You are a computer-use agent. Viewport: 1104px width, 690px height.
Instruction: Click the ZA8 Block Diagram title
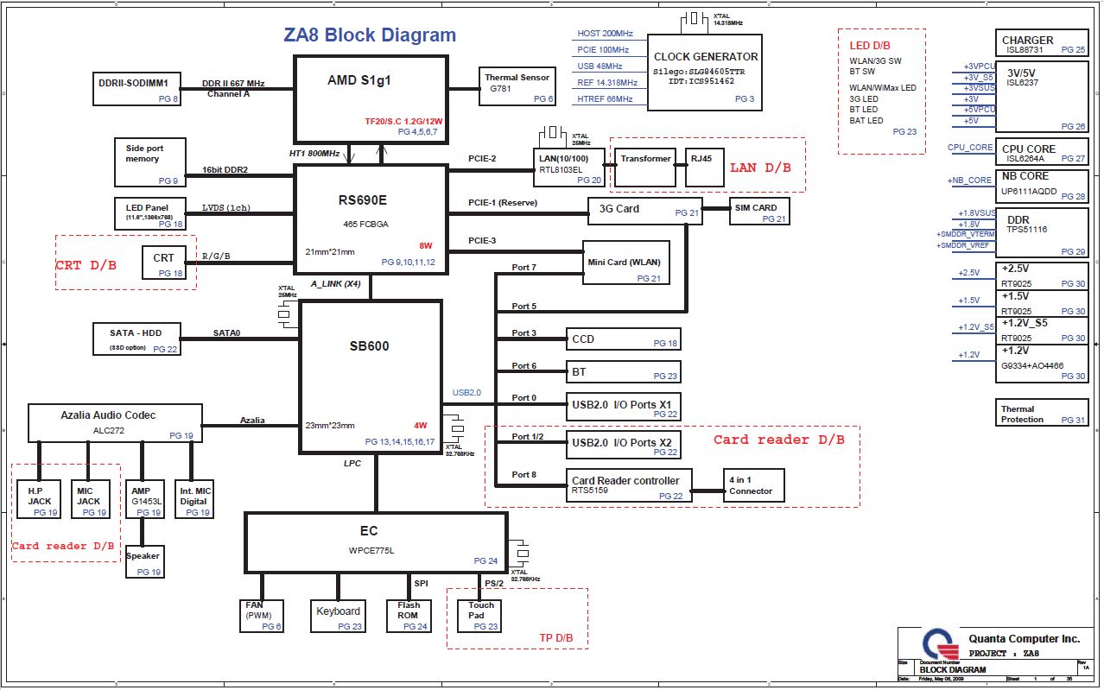[x=370, y=35]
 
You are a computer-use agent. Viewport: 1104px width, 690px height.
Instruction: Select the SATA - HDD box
[x=138, y=339]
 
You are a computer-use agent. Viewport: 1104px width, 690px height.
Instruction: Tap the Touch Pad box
[x=479, y=614]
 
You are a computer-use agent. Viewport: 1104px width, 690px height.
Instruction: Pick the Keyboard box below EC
[x=338, y=616]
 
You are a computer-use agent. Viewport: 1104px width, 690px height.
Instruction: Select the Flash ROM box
[x=409, y=616]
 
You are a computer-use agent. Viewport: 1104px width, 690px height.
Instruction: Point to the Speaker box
[x=144, y=561]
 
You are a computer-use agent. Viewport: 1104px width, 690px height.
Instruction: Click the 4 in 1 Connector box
[x=753, y=485]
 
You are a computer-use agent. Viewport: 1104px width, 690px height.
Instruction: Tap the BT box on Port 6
[x=623, y=371]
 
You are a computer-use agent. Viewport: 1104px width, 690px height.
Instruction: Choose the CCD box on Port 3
[x=623, y=339]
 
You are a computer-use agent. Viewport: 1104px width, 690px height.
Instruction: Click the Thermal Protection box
[x=1042, y=413]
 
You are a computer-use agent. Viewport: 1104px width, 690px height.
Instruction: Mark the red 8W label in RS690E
[x=426, y=244]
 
